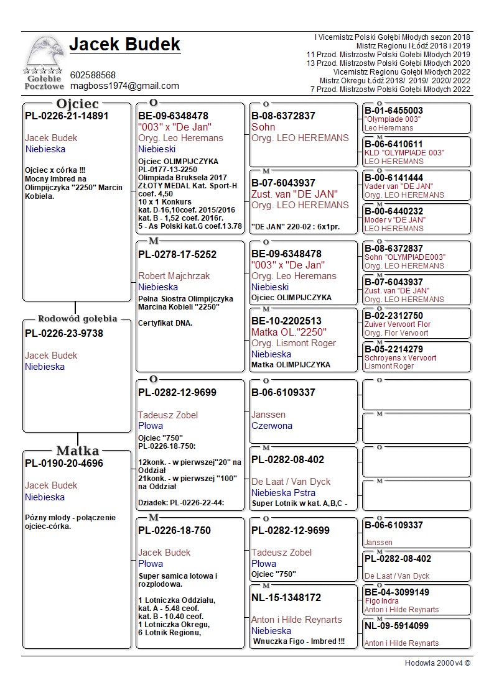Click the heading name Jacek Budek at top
(124, 45)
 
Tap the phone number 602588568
(93, 75)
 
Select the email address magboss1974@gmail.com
(124, 86)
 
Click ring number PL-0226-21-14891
(67, 116)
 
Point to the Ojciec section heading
(77, 103)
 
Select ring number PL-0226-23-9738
(64, 333)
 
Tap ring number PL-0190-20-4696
(64, 463)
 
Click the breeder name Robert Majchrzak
(174, 276)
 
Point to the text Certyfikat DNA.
(165, 323)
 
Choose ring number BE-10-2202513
(287, 321)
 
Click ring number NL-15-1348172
(286, 597)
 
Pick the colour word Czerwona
(272, 426)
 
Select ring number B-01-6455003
(394, 111)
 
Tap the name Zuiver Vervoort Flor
(398, 324)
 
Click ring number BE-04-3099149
(397, 592)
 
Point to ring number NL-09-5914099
(397, 626)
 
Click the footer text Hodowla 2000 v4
(437, 663)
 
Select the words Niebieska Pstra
(283, 493)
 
